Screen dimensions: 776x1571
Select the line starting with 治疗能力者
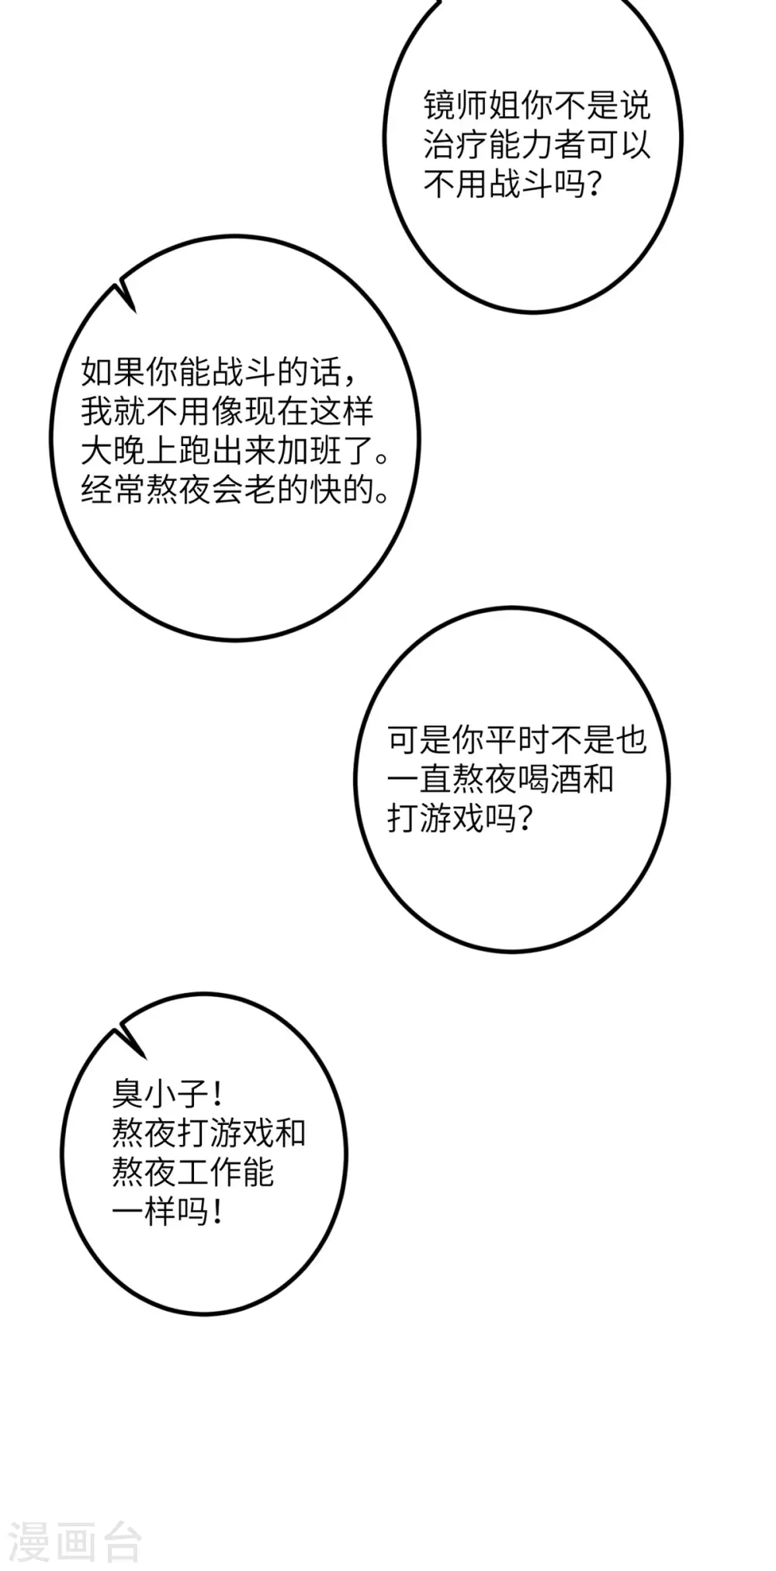coord(536,145)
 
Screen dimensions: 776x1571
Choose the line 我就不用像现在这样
coord(227,411)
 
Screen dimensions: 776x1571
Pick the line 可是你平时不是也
coord(517,740)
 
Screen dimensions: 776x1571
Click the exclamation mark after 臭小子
coord(217,1094)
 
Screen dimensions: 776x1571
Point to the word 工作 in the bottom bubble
coord(210,1172)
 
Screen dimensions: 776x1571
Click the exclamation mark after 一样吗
coord(217,1212)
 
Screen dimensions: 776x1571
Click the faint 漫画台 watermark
coord(75,1542)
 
